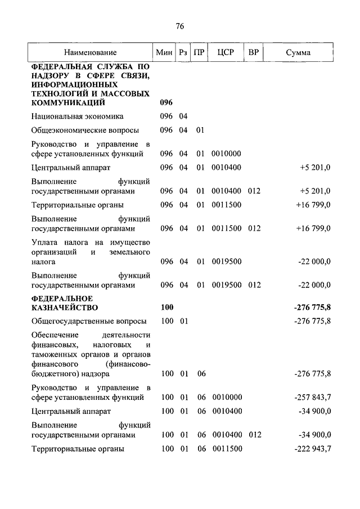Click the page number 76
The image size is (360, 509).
pyautogui.click(x=180, y=26)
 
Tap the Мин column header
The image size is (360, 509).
pyautogui.click(x=164, y=53)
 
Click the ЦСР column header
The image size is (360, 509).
pyautogui.click(x=225, y=53)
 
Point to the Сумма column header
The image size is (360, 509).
pyautogui.click(x=298, y=53)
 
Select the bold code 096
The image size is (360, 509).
pyautogui.click(x=166, y=103)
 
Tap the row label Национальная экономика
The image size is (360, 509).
pyautogui.click(x=78, y=116)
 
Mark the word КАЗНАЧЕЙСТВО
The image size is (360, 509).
pyautogui.click(x=65, y=308)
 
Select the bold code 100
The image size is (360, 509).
pyautogui.click(x=166, y=308)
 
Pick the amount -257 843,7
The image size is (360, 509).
pyautogui.click(x=312, y=397)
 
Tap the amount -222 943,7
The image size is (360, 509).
pyautogui.click(x=312, y=449)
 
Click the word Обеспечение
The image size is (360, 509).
pyautogui.click(x=56, y=335)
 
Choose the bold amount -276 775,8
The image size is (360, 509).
pyautogui.click(x=312, y=308)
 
